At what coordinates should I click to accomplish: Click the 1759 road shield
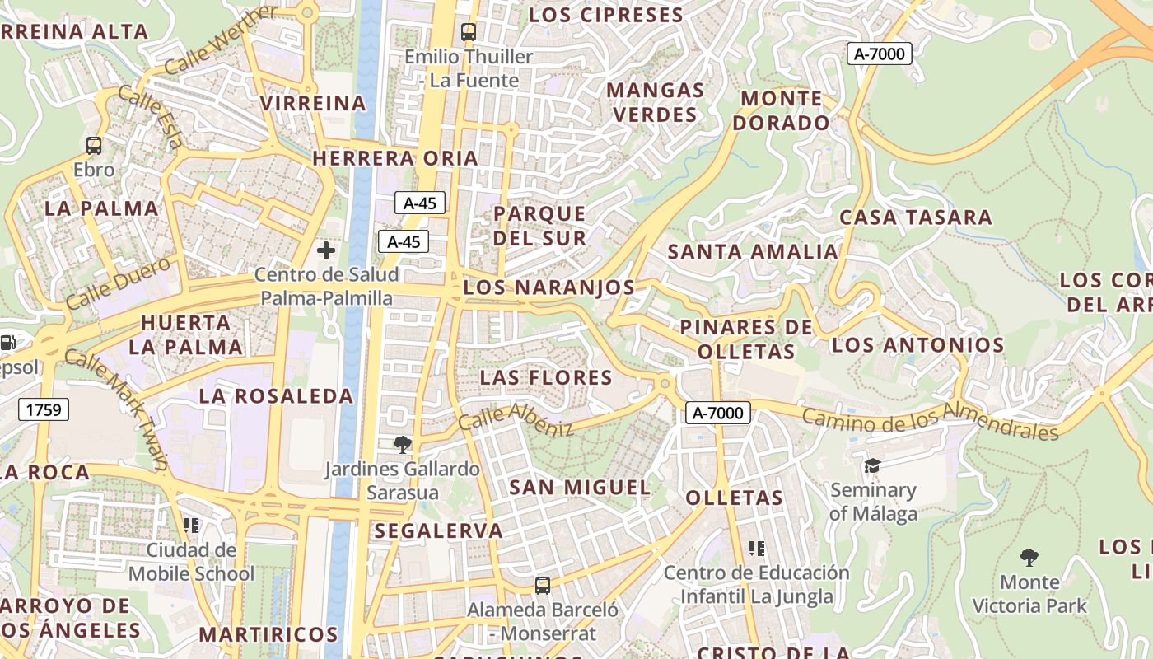pyautogui.click(x=43, y=409)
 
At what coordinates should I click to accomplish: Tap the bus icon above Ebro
pyautogui.click(x=94, y=146)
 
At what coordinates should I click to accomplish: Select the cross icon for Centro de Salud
pyautogui.click(x=326, y=250)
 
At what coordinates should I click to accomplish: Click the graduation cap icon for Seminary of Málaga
pyautogui.click(x=872, y=466)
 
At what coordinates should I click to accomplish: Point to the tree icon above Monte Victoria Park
pyautogui.click(x=1029, y=558)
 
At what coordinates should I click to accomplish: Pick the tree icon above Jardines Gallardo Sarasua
pyautogui.click(x=402, y=445)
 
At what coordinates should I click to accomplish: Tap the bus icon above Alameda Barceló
pyautogui.click(x=542, y=586)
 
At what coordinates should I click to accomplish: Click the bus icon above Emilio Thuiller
pyautogui.click(x=468, y=32)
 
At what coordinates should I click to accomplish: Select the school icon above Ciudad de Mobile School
pyautogui.click(x=191, y=525)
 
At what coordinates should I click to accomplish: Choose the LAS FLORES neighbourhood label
pyautogui.click(x=547, y=378)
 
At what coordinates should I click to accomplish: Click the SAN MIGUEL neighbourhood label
pyautogui.click(x=580, y=487)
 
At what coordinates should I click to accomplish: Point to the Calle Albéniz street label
pyautogui.click(x=516, y=419)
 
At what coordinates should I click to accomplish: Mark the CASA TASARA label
pyautogui.click(x=915, y=217)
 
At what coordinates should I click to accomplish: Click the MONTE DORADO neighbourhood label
pyautogui.click(x=782, y=110)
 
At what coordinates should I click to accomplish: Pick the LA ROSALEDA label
pyautogui.click(x=276, y=396)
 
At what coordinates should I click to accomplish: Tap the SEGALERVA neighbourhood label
pyautogui.click(x=438, y=531)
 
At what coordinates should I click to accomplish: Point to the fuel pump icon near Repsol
pyautogui.click(x=7, y=343)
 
